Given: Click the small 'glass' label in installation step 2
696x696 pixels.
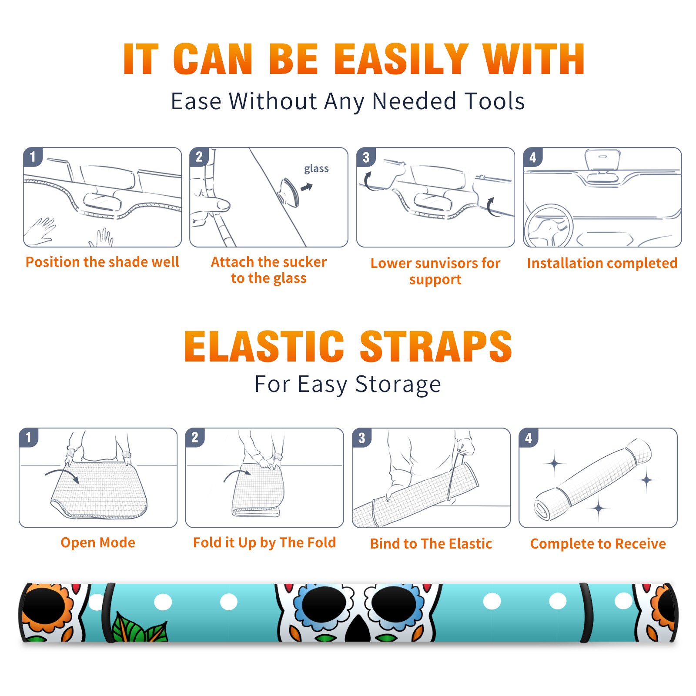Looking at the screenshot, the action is tap(316, 169).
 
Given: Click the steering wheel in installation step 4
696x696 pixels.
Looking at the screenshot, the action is tap(549, 226).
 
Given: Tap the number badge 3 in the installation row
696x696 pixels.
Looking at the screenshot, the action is tap(366, 157).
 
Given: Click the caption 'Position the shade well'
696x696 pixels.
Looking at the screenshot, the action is tap(102, 262).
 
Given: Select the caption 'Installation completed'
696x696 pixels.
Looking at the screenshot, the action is tap(602, 263).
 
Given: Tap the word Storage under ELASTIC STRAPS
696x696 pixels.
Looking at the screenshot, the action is tap(398, 385).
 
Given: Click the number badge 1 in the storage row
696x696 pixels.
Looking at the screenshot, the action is tap(29, 437).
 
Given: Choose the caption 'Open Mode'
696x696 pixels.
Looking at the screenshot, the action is tap(98, 542).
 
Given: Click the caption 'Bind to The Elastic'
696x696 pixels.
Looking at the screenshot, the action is tap(431, 544).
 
